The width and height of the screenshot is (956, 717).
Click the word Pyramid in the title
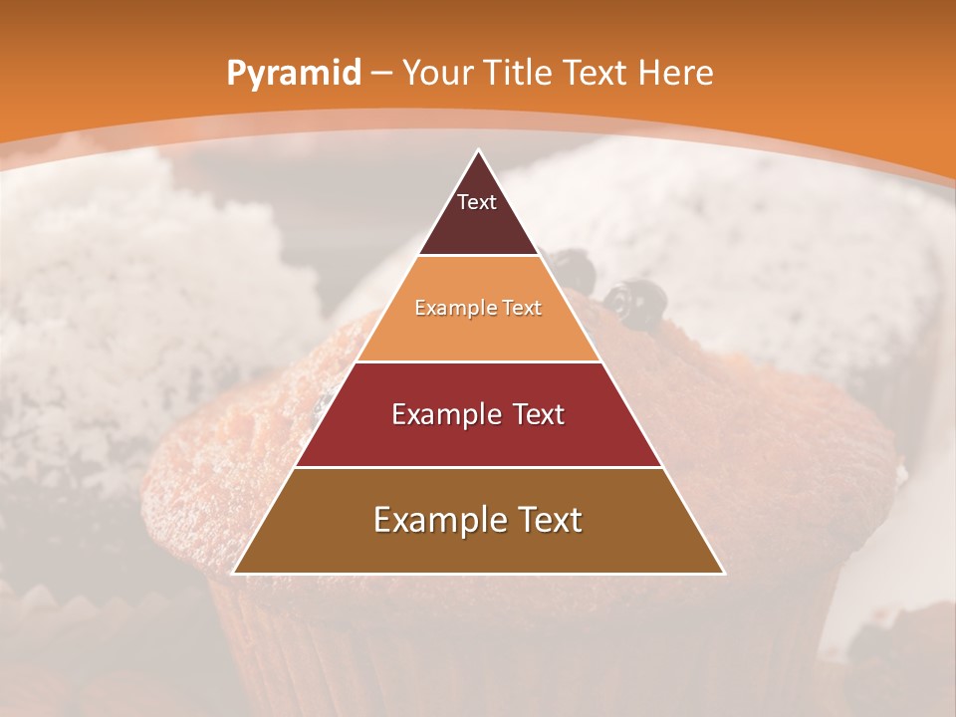(293, 74)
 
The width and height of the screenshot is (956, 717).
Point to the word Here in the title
(676, 73)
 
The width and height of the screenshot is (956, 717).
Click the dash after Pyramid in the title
(381, 74)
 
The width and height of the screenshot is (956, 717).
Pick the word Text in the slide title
(597, 73)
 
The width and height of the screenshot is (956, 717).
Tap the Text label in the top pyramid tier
(477, 202)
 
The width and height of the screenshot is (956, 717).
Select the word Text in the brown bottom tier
(549, 520)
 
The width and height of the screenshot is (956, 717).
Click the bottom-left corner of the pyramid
(234, 574)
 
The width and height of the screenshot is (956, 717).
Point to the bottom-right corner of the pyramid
(723, 574)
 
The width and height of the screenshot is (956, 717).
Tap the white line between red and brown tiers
(478, 467)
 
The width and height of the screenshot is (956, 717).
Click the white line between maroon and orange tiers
(478, 256)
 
